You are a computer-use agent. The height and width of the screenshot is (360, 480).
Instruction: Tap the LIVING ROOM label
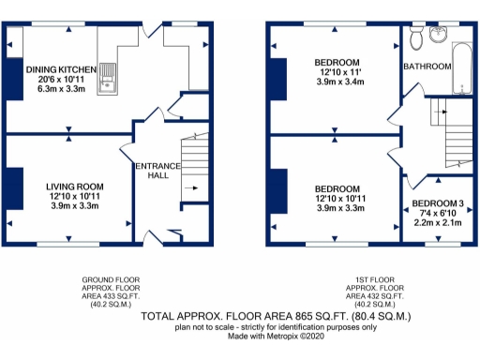74,187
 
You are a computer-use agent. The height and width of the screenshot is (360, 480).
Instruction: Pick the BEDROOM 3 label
438,203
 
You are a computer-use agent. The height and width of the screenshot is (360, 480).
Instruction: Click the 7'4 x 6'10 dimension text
438,214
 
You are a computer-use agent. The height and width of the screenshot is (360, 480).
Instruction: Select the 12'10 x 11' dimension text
337,72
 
